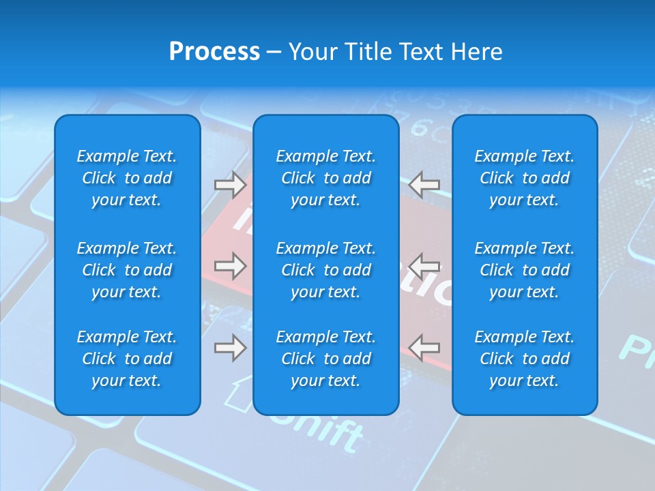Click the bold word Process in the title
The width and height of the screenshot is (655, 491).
tap(214, 52)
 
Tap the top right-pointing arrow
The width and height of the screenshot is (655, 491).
tap(230, 185)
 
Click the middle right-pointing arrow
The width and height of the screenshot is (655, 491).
tap(230, 266)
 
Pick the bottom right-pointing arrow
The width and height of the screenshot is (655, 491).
tap(230, 348)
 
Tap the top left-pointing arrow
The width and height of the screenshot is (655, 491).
tap(424, 185)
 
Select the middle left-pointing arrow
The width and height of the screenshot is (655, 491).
tap(424, 266)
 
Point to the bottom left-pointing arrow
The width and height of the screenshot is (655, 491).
tap(424, 348)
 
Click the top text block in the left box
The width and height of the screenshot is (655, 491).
tap(127, 178)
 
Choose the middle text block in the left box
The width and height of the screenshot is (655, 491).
tap(127, 270)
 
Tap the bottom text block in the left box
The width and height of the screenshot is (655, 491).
tap(127, 359)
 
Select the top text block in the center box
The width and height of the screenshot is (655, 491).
tap(326, 178)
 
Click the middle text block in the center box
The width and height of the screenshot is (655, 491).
tap(326, 270)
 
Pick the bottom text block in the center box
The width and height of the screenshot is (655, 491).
tap(326, 359)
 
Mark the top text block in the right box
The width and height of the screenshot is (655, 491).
tap(525, 178)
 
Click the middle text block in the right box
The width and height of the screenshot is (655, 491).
tap(525, 270)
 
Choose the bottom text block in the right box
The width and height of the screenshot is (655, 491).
tap(525, 359)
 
